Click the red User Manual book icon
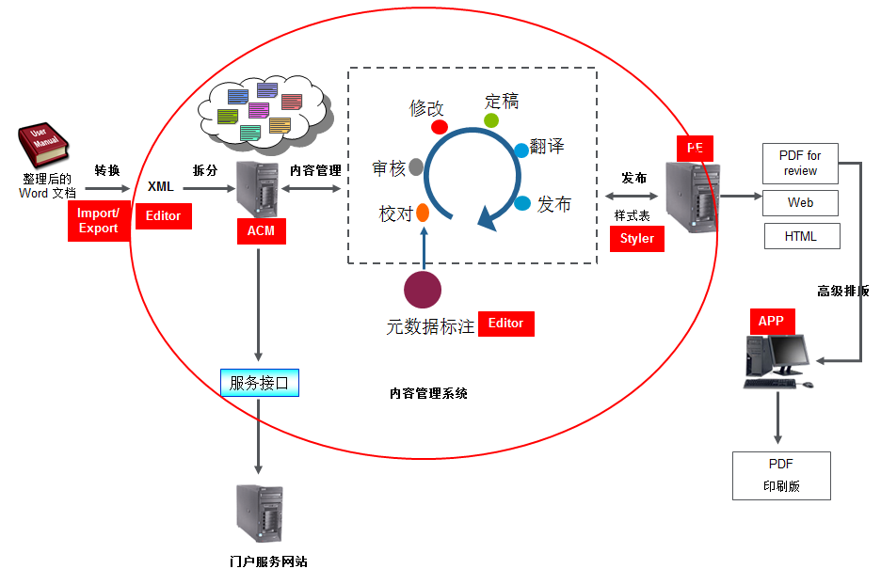pos(42,145)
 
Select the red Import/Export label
pos(99,221)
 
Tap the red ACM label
pos(262,230)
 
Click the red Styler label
pos(637,239)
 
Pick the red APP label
pos(772,321)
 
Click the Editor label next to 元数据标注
pos(506,324)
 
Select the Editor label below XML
pos(164,216)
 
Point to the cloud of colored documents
pos(263,114)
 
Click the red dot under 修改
pos(440,127)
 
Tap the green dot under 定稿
pos(491,120)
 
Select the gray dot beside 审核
pos(416,166)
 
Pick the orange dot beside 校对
pos(423,213)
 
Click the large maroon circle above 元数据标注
pos(423,290)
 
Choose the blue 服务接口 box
pos(260,383)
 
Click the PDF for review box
pos(800,164)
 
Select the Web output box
pos(800,202)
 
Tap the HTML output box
pos(802,236)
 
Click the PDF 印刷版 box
pos(781,476)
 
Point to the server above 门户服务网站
pos(260,514)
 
